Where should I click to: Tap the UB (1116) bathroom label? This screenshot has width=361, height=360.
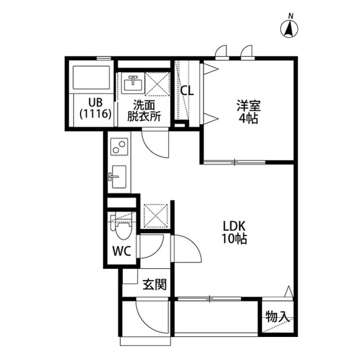pos(95,108)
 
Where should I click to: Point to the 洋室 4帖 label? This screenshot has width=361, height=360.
pos(249,112)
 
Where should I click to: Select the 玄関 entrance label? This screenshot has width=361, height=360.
pos(154,285)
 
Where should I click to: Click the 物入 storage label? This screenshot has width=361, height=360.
pos(277,317)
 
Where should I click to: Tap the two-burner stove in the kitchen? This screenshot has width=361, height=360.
pos(119,148)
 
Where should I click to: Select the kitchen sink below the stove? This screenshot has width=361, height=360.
pos(118,176)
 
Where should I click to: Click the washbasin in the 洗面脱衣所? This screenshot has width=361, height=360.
pos(133,84)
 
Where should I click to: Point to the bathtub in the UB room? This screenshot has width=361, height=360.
pos(91,78)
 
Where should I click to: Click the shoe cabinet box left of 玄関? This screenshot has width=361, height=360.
pos(131,276)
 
